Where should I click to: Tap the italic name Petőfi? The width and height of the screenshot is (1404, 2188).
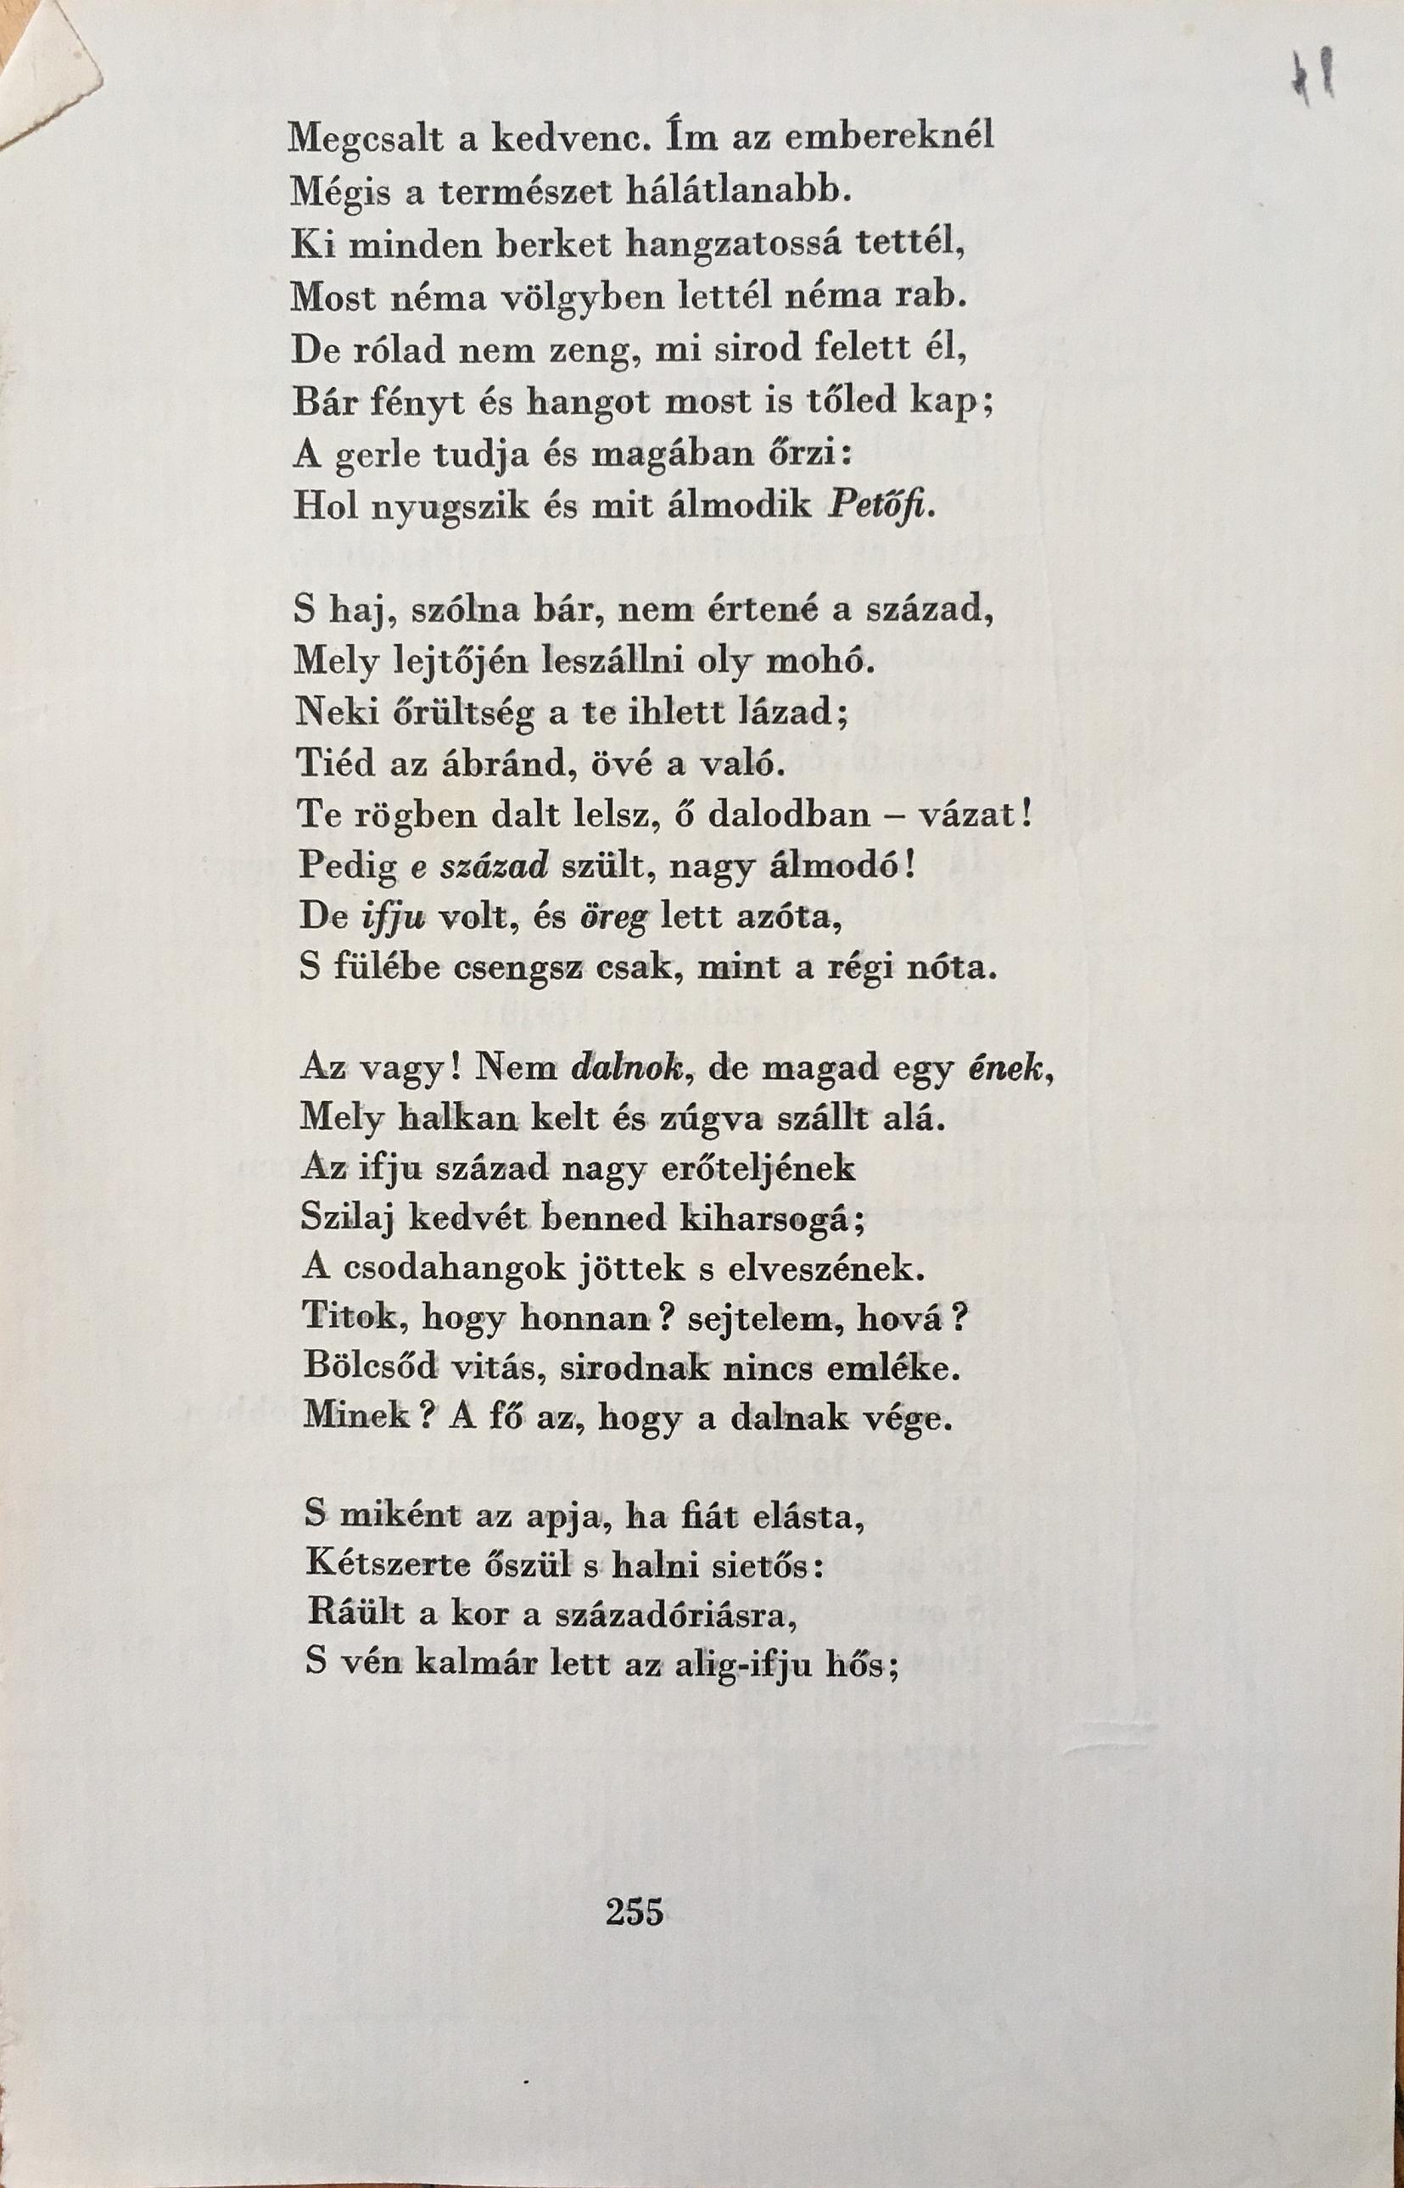click(879, 506)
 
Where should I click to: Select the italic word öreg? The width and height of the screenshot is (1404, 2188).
click(613, 916)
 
